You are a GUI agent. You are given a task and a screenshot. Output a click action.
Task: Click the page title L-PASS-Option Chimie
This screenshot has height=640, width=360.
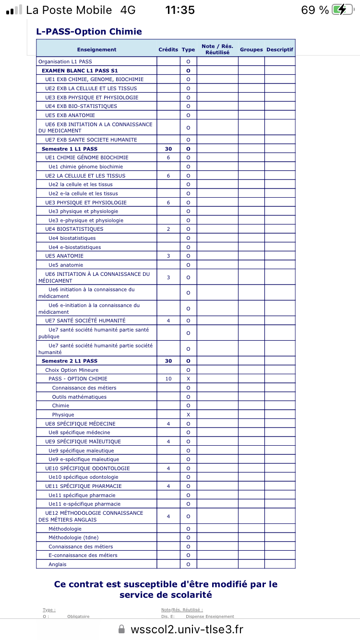tap(89, 32)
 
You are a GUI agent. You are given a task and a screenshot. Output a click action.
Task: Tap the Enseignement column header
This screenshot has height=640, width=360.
tap(96, 49)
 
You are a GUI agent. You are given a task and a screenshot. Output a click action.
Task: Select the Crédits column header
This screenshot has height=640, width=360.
tap(168, 49)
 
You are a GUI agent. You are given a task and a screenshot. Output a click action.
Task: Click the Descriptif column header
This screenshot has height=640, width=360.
tap(279, 49)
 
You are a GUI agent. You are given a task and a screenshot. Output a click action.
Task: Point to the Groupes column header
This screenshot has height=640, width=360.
tap(251, 49)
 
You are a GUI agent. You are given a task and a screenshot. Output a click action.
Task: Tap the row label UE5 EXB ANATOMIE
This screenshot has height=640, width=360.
tap(70, 115)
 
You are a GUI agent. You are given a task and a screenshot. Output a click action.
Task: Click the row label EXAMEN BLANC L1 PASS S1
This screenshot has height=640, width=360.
tap(80, 71)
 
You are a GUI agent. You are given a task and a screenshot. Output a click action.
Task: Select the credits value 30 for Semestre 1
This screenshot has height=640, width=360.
tap(168, 149)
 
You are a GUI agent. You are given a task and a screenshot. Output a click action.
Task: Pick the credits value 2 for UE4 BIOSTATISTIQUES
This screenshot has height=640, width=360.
tap(168, 229)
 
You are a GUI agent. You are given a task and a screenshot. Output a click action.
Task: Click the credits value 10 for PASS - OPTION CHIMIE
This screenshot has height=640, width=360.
tap(168, 379)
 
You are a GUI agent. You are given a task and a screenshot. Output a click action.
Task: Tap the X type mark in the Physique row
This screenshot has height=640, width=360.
tap(188, 415)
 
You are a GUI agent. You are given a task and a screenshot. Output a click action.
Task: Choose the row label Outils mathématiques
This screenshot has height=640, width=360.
tap(79, 397)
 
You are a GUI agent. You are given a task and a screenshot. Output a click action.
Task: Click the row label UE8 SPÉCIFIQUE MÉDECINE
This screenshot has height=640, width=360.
tap(80, 424)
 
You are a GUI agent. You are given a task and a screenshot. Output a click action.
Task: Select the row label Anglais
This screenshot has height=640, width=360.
tap(58, 564)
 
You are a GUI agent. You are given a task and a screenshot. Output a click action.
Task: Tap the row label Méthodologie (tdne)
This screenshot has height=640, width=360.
tap(73, 537)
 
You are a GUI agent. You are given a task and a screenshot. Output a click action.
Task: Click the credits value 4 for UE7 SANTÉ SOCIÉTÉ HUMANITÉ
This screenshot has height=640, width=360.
tap(168, 320)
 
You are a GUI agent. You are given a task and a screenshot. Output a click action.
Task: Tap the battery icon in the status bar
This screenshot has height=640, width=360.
tap(345, 10)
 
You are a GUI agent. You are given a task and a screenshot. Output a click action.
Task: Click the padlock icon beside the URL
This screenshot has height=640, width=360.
tap(121, 629)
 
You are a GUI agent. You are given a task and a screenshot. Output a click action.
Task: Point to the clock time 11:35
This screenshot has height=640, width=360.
tap(180, 10)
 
